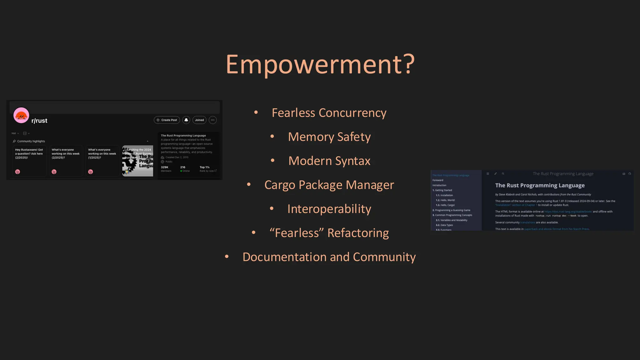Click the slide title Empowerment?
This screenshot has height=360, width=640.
pos(320,64)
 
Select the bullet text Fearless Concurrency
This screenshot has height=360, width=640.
pos(329,113)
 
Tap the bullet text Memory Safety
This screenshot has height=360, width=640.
pos(329,137)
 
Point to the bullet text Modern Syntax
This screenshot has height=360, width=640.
pos(329,161)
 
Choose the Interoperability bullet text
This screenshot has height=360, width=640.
pos(329,209)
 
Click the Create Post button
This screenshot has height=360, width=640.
pos(167,120)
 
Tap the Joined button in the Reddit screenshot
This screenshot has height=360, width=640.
pos(199,120)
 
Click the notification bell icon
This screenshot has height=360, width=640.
pos(186,120)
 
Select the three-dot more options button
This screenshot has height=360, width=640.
pos(212,120)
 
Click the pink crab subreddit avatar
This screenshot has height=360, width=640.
pos(21,115)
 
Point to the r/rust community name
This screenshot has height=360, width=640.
pos(39,121)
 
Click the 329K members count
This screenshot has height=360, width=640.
pos(164,167)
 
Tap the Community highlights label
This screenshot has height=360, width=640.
pos(31,141)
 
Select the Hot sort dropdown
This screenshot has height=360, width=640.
pos(15,133)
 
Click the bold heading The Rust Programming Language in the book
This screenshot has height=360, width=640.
pos(540,186)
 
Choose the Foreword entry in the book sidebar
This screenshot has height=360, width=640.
pos(438,180)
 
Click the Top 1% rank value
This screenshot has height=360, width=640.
pos(204,167)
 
